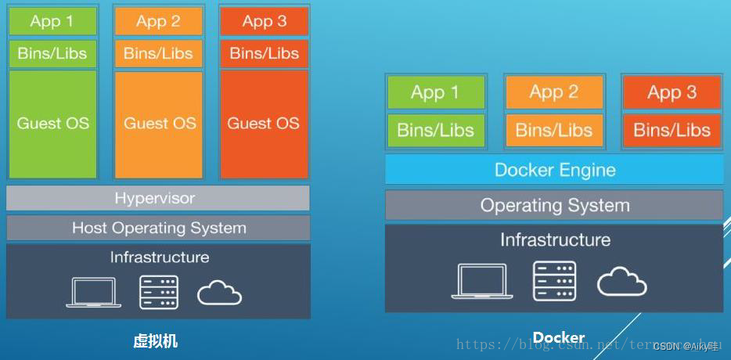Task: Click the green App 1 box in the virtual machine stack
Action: tap(52, 21)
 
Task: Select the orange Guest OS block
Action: tap(159, 124)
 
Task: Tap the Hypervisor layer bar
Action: tap(157, 198)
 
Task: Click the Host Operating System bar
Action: tap(158, 228)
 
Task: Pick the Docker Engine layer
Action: tap(554, 170)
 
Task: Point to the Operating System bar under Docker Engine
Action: tap(554, 206)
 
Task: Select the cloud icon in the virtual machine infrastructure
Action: tap(219, 293)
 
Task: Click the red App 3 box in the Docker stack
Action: tap(672, 92)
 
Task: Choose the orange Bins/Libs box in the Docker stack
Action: tap(553, 130)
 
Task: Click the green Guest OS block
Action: tap(52, 124)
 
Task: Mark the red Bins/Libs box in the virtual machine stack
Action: tap(264, 53)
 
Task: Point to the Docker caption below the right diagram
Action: tap(558, 338)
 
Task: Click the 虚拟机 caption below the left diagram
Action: tap(156, 341)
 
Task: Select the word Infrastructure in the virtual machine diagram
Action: tap(159, 257)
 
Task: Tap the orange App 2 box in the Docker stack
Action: tap(553, 92)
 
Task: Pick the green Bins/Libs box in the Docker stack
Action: tap(435, 130)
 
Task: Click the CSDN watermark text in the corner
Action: tap(685, 346)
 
